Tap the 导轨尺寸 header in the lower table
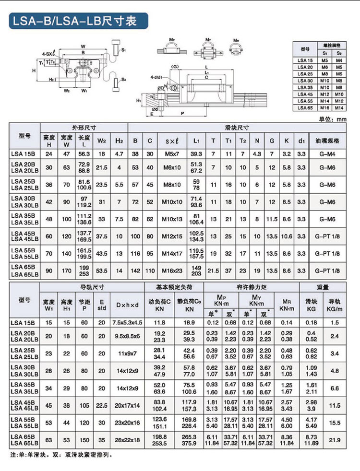coord(88,287)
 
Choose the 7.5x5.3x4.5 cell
coord(127,322)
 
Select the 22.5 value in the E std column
coord(101,405)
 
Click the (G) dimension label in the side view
coord(175,65)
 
